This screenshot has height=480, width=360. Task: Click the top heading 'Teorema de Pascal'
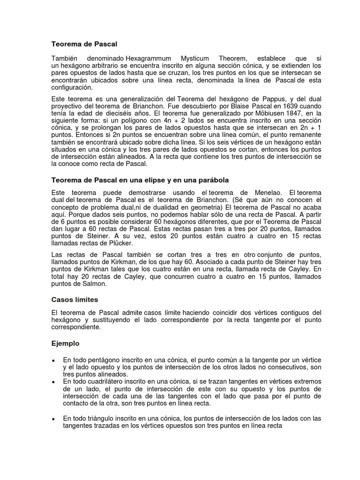coord(84,44)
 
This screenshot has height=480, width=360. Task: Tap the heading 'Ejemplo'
coord(65,343)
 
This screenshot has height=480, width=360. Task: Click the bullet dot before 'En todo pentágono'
coord(54,360)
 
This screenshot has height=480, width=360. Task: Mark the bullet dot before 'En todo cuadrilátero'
coord(54,383)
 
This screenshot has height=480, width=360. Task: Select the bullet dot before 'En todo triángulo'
coord(54,419)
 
